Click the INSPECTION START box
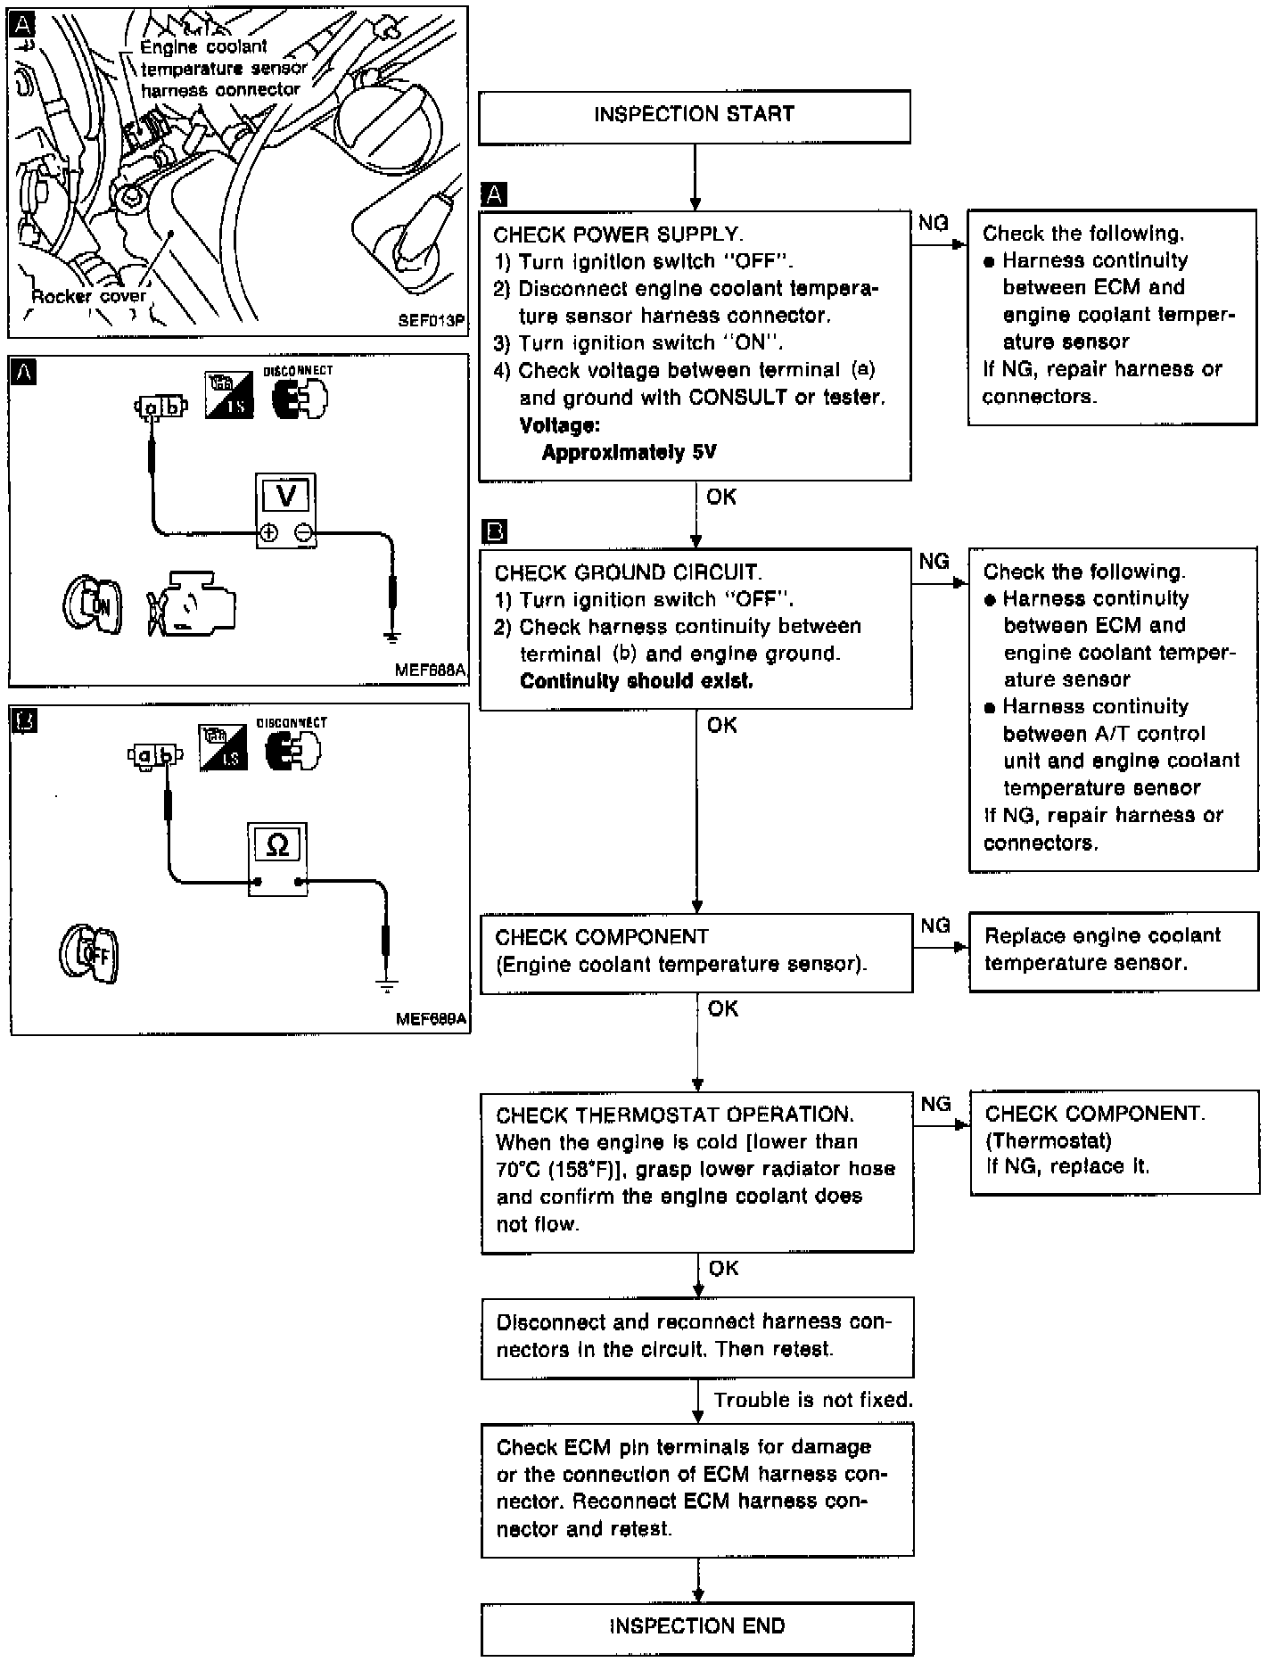click(x=694, y=116)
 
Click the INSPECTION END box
click(x=697, y=1626)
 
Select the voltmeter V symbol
click(x=286, y=496)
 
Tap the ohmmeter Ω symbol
click(x=277, y=844)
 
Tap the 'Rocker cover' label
click(x=88, y=297)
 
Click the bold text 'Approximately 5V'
click(x=629, y=452)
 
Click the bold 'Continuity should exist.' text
click(x=636, y=681)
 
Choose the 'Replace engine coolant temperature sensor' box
click(x=1113, y=950)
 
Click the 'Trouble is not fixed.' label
click(x=813, y=1400)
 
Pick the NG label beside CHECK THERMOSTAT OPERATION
click(x=935, y=1105)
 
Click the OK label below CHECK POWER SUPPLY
click(x=721, y=497)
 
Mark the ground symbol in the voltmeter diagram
click(x=391, y=637)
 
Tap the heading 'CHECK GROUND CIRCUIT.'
click(x=628, y=572)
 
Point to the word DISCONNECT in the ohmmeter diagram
click(x=292, y=723)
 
